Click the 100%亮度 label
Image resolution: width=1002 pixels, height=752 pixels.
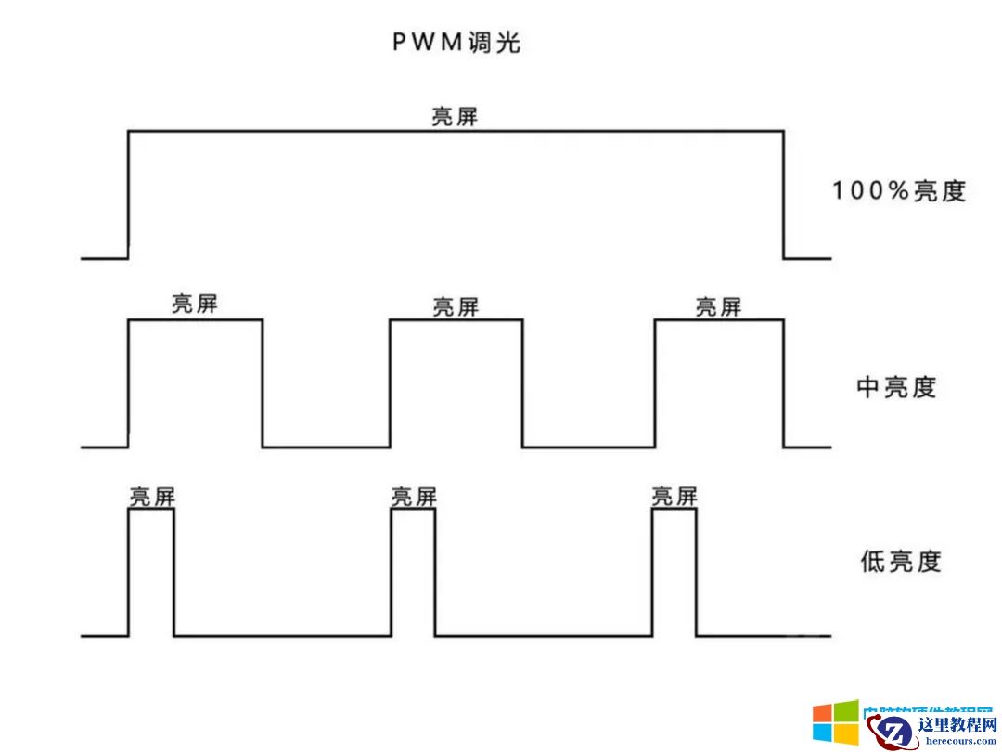(898, 191)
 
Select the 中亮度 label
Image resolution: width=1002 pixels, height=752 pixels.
(896, 387)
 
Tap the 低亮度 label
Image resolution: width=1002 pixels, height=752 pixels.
(900, 561)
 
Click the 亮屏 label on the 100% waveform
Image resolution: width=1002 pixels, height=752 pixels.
(455, 117)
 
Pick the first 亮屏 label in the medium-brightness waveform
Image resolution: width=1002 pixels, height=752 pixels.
(195, 305)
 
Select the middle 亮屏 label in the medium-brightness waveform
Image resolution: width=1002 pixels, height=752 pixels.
(456, 306)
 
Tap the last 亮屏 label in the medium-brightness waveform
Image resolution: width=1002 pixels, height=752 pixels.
(718, 306)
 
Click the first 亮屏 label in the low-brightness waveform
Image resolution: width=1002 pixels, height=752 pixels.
(151, 497)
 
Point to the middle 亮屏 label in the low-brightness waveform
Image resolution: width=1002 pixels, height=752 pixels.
(413, 497)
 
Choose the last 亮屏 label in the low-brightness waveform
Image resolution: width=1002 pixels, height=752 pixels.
(674, 497)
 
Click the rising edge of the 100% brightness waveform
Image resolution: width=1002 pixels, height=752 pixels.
(128, 195)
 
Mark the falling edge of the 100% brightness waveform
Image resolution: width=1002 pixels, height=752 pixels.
(783, 195)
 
